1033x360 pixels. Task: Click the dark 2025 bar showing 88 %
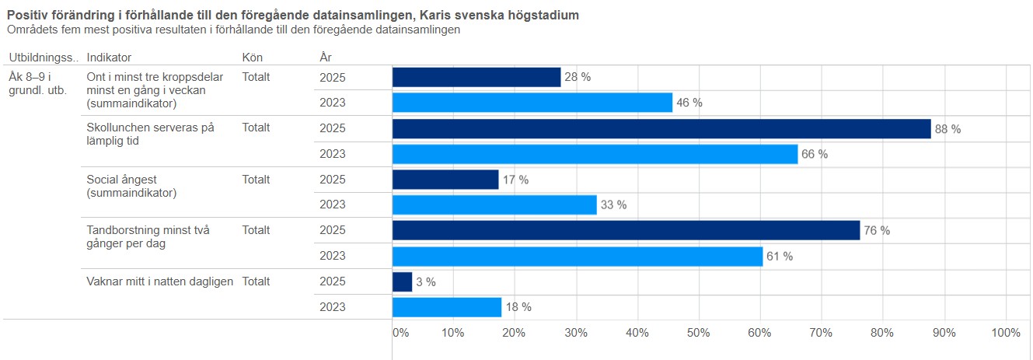(x=661, y=129)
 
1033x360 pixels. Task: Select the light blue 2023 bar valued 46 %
(x=532, y=103)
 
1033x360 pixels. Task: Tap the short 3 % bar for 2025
(x=402, y=281)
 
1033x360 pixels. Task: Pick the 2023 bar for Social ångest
(x=494, y=204)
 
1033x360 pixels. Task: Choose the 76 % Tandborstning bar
(x=626, y=230)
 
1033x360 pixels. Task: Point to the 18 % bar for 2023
(x=447, y=307)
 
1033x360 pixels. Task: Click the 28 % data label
(x=578, y=77)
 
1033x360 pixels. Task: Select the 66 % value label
(x=815, y=154)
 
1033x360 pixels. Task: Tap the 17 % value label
(x=515, y=180)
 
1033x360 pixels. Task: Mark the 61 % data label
(x=780, y=256)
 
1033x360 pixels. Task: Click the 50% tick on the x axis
(x=699, y=333)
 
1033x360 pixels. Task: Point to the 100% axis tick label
(x=1007, y=333)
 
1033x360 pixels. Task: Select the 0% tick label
(x=400, y=333)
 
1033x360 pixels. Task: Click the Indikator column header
(x=109, y=58)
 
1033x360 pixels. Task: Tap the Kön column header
(x=253, y=58)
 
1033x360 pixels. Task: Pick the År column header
(x=326, y=58)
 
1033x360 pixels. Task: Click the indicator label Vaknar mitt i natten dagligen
(x=160, y=281)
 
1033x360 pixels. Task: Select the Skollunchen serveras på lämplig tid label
(x=150, y=134)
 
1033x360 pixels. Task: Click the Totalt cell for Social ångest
(x=256, y=180)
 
